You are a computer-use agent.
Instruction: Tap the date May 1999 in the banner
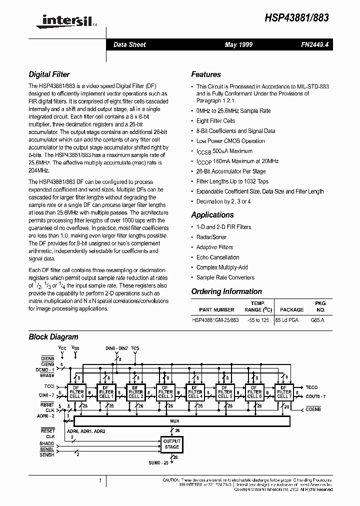(x=238, y=44)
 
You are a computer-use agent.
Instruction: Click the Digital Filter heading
(x=49, y=74)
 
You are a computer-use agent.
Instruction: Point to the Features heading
(x=205, y=74)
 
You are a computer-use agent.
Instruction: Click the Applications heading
(x=212, y=215)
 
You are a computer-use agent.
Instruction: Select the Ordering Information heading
(x=226, y=291)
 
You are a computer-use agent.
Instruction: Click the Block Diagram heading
(x=53, y=337)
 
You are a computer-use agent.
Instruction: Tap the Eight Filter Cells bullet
(x=215, y=121)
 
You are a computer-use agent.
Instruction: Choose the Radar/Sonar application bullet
(x=211, y=237)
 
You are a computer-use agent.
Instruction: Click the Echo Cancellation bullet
(x=217, y=257)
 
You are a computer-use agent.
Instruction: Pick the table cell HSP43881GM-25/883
(x=215, y=319)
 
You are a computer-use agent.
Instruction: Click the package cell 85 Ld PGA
(x=286, y=319)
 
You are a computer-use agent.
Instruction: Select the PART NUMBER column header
(x=216, y=310)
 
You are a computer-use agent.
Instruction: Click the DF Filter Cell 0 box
(x=76, y=392)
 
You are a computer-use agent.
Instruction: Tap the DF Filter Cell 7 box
(x=283, y=392)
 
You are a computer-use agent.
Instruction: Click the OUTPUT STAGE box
(x=171, y=444)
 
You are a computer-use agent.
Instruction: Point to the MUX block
(x=174, y=421)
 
